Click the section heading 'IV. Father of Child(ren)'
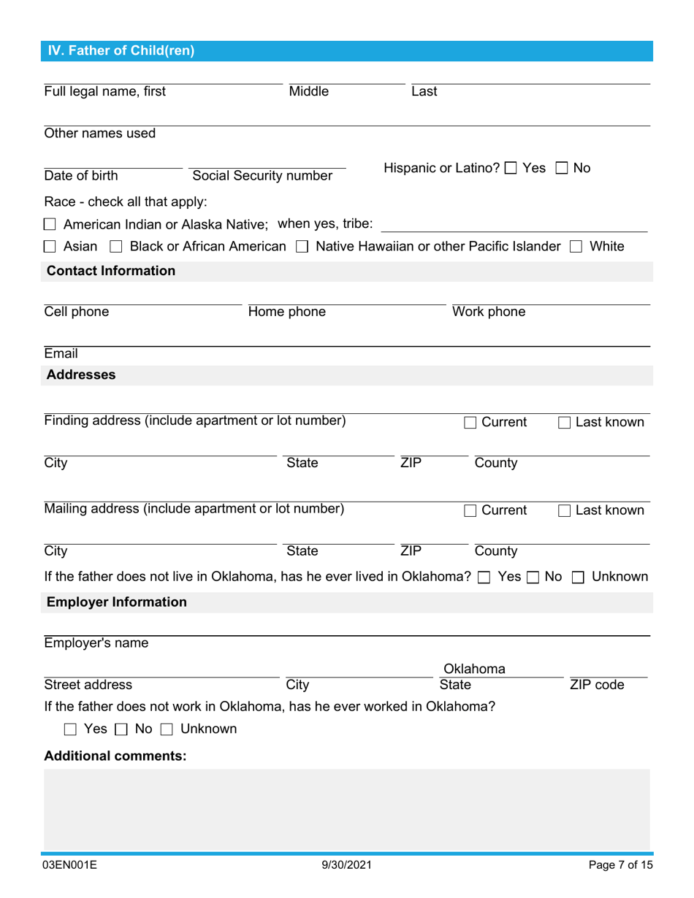121,50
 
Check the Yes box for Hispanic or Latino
511,169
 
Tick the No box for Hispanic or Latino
561,169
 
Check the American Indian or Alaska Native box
50,224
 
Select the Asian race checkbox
50,247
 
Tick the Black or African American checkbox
115,247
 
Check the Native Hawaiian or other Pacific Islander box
302,247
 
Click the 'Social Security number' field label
262,176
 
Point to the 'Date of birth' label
81,176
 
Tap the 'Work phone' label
489,312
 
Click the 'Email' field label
61,354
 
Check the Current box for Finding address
470,423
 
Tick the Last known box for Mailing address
565,510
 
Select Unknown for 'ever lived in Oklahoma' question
578,577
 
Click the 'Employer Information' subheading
117,602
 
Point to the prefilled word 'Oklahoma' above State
475,669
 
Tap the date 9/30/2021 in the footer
347,866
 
